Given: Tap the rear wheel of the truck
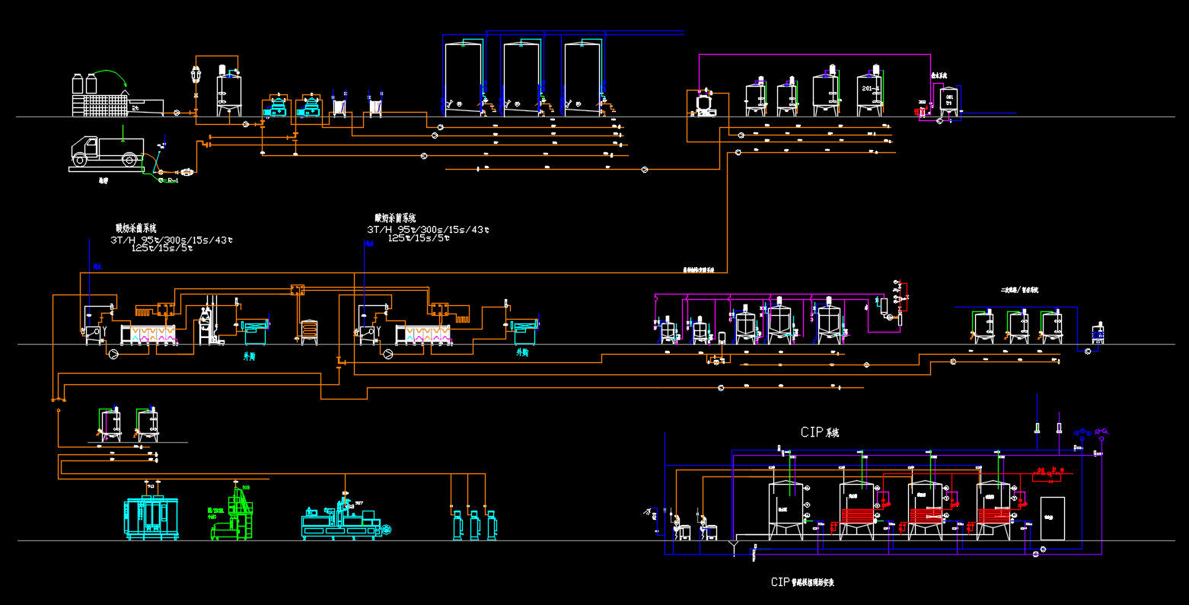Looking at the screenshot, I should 129,161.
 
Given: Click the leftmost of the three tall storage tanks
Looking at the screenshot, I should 464,78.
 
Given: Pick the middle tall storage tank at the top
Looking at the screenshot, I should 521,78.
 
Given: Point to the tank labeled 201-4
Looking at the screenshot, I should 870,93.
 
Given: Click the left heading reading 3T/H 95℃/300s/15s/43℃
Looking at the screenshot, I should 172,240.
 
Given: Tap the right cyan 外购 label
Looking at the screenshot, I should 522,353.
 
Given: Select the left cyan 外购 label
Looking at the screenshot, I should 250,355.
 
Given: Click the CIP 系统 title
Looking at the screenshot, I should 820,432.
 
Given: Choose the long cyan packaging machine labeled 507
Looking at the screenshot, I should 343,521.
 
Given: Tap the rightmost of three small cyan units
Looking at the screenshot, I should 492,525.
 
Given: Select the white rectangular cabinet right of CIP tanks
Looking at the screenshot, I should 1052,518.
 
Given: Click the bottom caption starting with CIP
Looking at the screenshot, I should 802,582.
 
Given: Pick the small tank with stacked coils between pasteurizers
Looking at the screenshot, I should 309,331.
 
